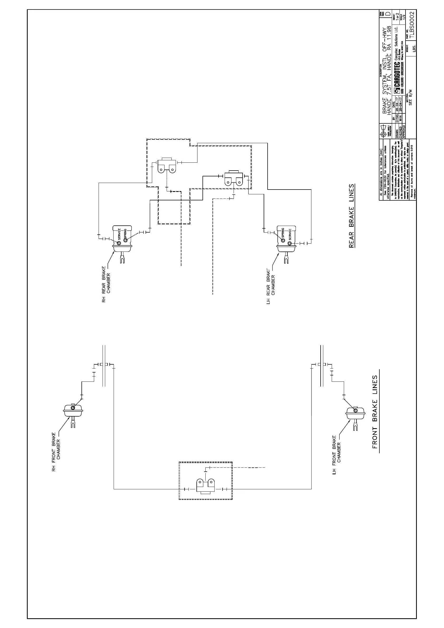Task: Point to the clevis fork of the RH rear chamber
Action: pos(122,258)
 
